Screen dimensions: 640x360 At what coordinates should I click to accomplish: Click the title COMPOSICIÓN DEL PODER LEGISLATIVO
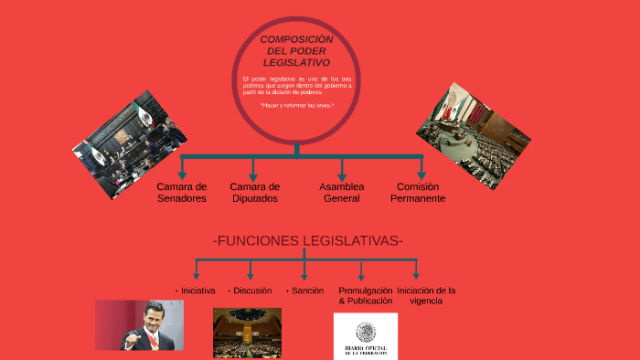[x=296, y=51]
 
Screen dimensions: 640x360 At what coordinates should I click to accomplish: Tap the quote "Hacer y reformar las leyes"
[x=296, y=105]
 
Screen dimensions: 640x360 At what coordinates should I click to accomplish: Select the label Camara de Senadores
[x=181, y=192]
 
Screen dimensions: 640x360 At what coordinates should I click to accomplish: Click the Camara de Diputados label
[x=254, y=192]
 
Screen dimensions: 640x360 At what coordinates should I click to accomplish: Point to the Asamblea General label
[x=341, y=192]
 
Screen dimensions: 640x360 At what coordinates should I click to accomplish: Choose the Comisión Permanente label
[x=421, y=192]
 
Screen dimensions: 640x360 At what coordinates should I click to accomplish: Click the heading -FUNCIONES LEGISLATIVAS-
[x=307, y=241]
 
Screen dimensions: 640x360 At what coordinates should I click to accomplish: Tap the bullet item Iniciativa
[x=196, y=291]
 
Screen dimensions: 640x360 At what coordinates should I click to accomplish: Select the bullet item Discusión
[x=251, y=291]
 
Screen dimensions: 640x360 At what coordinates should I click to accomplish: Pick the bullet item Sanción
[x=305, y=291]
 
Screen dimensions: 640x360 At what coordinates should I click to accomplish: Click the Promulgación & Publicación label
[x=365, y=295]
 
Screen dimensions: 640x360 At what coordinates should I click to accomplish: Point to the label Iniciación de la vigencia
[x=426, y=295]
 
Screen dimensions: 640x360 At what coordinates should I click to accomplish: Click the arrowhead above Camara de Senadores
[x=183, y=173]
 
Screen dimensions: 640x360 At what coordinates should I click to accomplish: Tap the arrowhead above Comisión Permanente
[x=421, y=173]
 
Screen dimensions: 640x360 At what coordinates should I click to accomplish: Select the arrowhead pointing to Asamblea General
[x=342, y=173]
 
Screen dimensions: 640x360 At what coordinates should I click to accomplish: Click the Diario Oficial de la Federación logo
[x=366, y=335]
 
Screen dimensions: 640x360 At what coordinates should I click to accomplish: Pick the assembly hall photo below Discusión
[x=247, y=333]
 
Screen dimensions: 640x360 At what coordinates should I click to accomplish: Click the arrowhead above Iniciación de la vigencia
[x=416, y=274]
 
